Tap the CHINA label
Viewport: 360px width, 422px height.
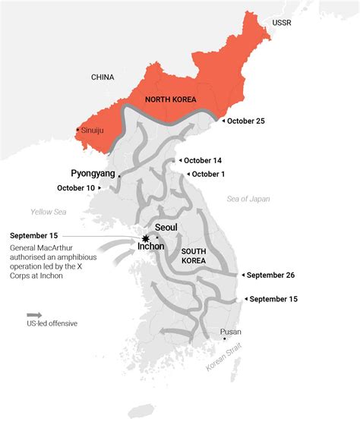tap(103, 77)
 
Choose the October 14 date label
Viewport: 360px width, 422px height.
tap(204, 160)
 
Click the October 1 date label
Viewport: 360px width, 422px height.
tap(208, 174)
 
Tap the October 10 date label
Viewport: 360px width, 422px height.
tap(76, 188)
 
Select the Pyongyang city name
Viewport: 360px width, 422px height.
tap(93, 173)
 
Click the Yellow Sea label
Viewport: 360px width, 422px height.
tap(49, 212)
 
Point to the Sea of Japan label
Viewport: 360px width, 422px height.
tap(248, 199)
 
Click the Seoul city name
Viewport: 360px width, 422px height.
tap(166, 227)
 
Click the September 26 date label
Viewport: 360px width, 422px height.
tap(269, 275)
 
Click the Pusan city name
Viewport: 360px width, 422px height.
tap(231, 332)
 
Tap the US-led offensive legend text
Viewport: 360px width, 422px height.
tap(52, 324)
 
